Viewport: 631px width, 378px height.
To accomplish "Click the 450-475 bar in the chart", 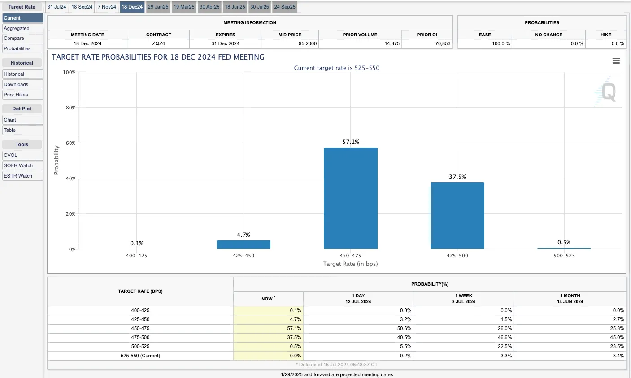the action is pos(350,198).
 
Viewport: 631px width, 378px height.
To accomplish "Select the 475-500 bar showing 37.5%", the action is pos(457,216).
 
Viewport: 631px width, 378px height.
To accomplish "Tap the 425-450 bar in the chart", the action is pos(244,245).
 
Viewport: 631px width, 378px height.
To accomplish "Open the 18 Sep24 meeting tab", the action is pos(82,7).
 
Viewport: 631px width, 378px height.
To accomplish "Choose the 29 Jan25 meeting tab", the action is pos(158,7).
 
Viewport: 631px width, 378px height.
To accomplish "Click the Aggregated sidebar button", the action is pos(22,28).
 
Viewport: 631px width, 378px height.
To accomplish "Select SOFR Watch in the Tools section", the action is pos(22,165).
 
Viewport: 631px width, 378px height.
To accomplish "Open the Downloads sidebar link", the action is pos(22,84).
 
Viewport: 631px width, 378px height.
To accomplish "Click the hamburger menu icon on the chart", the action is pos(616,61).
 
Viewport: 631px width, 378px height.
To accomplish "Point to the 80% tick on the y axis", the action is pos(71,108).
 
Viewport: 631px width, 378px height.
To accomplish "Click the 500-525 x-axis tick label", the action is pos(564,256).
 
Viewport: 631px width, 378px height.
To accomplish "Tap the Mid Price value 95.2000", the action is pos(308,43).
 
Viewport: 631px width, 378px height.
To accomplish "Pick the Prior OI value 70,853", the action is pos(443,43).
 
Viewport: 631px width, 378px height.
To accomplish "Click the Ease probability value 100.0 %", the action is pos(501,43).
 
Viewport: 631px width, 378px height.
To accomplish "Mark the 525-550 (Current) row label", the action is pos(140,356).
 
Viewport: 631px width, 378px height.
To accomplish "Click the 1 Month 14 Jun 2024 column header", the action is pos(570,299).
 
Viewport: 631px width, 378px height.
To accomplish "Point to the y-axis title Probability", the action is pos(57,160).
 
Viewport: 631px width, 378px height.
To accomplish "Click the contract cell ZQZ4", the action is pos(159,43).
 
